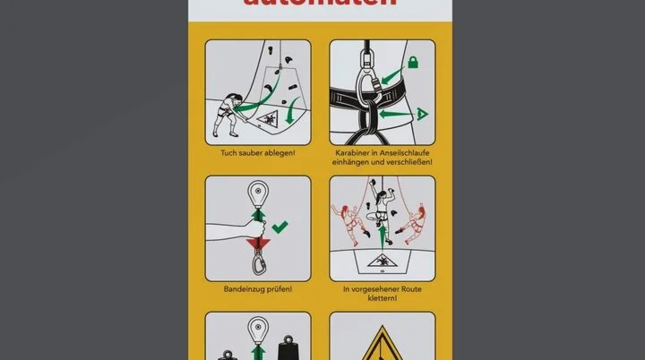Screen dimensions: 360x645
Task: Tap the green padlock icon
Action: (x=414, y=63)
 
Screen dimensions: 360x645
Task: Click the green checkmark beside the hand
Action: (x=280, y=227)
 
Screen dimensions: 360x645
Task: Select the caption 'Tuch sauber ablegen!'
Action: (x=258, y=153)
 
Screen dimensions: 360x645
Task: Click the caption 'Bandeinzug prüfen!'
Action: (x=258, y=289)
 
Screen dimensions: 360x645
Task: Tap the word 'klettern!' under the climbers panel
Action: (x=383, y=297)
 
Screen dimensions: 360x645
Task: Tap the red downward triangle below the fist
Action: (x=258, y=243)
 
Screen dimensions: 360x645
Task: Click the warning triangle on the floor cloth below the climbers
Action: (x=382, y=261)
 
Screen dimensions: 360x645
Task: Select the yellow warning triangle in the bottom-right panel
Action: (x=382, y=344)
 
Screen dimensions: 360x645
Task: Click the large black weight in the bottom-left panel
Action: (x=288, y=345)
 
